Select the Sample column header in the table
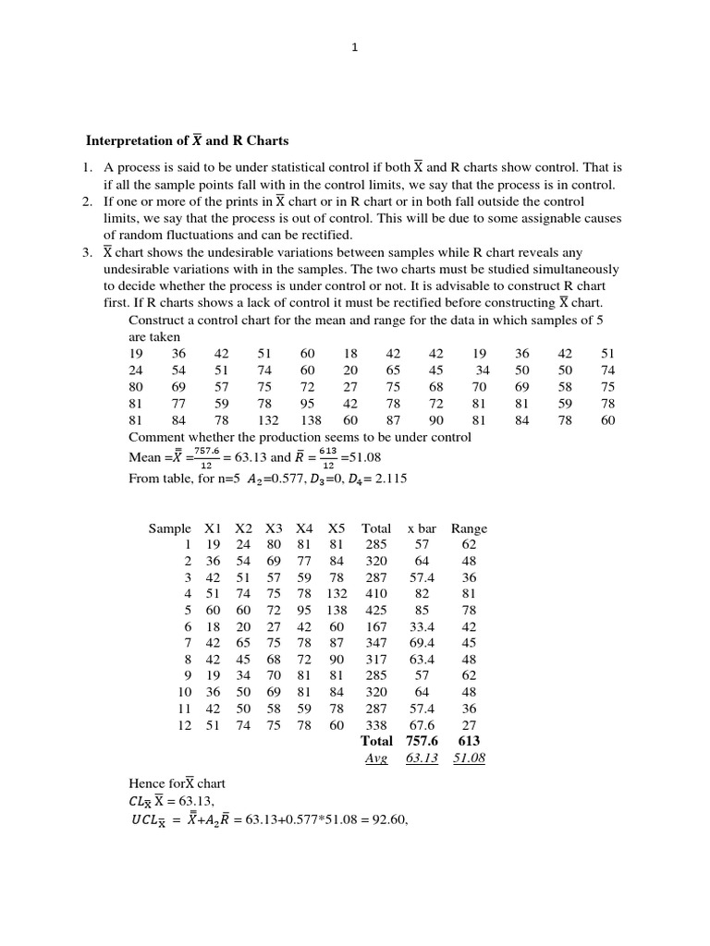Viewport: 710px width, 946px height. coord(169,528)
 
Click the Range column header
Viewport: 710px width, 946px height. coord(469,528)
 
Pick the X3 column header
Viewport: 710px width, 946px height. coord(274,528)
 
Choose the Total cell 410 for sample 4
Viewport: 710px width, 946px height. coord(376,594)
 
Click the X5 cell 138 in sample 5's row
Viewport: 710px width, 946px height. coord(337,611)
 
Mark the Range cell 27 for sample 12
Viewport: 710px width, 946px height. coord(469,726)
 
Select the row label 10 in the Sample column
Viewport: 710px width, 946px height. coord(184,693)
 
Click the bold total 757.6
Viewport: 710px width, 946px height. coord(422,741)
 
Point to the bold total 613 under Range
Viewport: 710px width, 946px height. coord(469,741)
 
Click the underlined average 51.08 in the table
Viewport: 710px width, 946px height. coord(469,758)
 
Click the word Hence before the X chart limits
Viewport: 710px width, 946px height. coord(148,783)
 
